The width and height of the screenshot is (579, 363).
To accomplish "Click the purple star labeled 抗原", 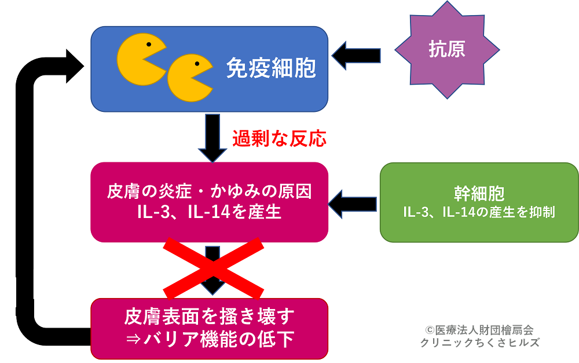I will coord(447,49).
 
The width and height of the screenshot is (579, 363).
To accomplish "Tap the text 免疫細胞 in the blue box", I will coord(271,69).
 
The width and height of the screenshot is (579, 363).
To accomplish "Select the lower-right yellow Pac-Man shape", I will coord(188,77).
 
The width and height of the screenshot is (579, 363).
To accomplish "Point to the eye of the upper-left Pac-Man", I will coord(149,44).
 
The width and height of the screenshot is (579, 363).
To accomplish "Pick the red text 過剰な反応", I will coord(279,139).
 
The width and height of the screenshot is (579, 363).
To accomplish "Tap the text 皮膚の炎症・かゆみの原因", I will coord(209,192).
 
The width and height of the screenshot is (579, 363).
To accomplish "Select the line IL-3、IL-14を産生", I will coord(209,212).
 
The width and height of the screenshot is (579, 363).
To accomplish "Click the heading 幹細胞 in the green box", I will coord(479,194).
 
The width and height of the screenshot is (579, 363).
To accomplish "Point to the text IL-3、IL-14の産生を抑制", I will coord(479,212).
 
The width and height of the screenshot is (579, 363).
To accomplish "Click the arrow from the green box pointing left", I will coord(353,203).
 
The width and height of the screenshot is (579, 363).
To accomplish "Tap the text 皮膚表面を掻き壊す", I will coord(209,317).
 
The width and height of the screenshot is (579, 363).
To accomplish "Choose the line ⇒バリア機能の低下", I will coord(209,339).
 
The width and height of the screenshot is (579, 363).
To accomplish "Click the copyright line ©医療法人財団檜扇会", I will coord(479,329).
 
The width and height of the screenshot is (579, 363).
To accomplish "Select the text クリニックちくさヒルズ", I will coord(479,342).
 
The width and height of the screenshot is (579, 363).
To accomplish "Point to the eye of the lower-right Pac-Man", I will coord(197,63).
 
